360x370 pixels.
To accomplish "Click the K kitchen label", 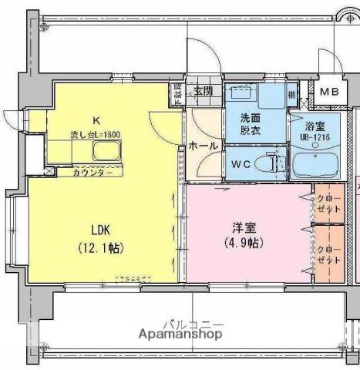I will [x=96, y=119].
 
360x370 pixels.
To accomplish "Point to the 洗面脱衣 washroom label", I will [x=251, y=125].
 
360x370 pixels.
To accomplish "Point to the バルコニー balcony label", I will [x=193, y=323].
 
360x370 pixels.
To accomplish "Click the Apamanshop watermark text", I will [x=182, y=335].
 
